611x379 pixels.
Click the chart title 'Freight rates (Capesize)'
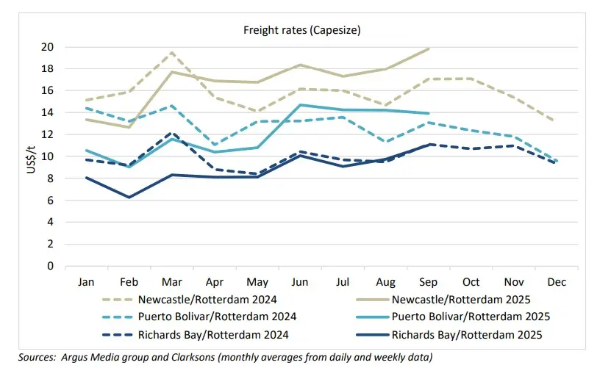click(x=302, y=30)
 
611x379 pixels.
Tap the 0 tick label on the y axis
click(x=50, y=266)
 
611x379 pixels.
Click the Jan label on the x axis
click(x=87, y=282)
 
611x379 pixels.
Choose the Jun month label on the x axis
click(x=300, y=282)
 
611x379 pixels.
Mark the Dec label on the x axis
click(x=556, y=282)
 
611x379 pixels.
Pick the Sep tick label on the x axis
click(x=428, y=282)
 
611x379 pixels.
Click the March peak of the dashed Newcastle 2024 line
click(x=172, y=52)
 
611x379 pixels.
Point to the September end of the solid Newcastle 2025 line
click(x=429, y=48)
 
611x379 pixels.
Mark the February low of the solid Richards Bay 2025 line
click(x=129, y=197)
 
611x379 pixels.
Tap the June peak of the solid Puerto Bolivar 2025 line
click(x=300, y=105)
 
